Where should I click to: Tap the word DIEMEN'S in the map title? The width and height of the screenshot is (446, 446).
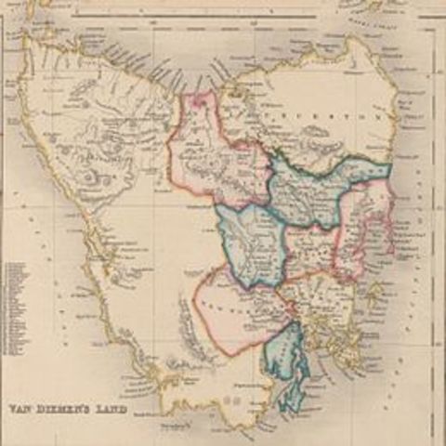tap(63, 408)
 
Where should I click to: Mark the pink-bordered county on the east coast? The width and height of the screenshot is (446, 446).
tap(364, 228)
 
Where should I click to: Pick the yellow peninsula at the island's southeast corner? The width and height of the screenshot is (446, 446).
tap(348, 348)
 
